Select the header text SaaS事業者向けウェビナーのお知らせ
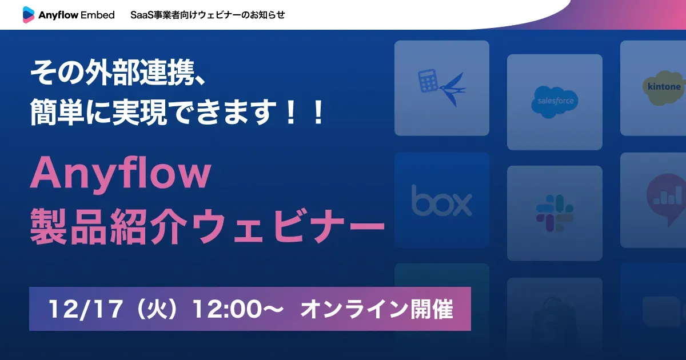pos(208,15)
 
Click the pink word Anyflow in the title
pos(121,175)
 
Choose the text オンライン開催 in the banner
pos(377,309)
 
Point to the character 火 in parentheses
pos(154,309)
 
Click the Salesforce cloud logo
pos(555,101)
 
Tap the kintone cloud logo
pos(663,87)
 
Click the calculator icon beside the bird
pos(428,82)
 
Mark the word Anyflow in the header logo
pos(59,15)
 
